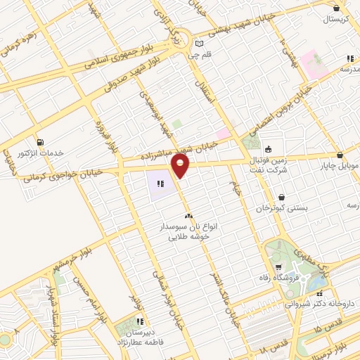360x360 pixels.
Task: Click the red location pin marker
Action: (181, 166)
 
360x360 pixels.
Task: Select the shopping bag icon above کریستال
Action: (337, 8)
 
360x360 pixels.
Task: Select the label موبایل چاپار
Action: (340, 167)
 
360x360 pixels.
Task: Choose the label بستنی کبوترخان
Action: (282, 209)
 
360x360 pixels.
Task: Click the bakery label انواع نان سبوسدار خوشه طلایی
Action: (188, 232)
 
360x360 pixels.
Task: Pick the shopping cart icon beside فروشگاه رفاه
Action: (279, 266)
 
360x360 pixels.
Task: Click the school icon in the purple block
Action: (161, 184)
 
